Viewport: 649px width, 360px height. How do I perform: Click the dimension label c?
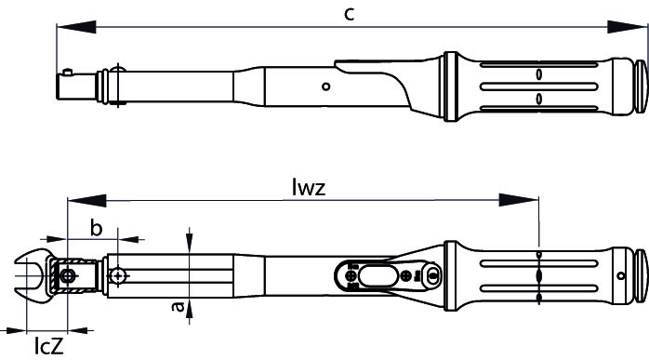point(350,15)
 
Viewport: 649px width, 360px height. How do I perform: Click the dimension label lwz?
point(309,187)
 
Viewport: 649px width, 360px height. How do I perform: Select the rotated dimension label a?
point(179,306)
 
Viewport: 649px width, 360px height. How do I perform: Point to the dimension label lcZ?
point(49,345)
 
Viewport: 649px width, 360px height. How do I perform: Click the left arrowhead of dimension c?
point(76,27)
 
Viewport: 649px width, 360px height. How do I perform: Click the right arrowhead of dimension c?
point(627,27)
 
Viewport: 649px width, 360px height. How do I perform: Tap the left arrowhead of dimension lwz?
point(86,201)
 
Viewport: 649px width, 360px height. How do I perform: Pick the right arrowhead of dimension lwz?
point(519,201)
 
